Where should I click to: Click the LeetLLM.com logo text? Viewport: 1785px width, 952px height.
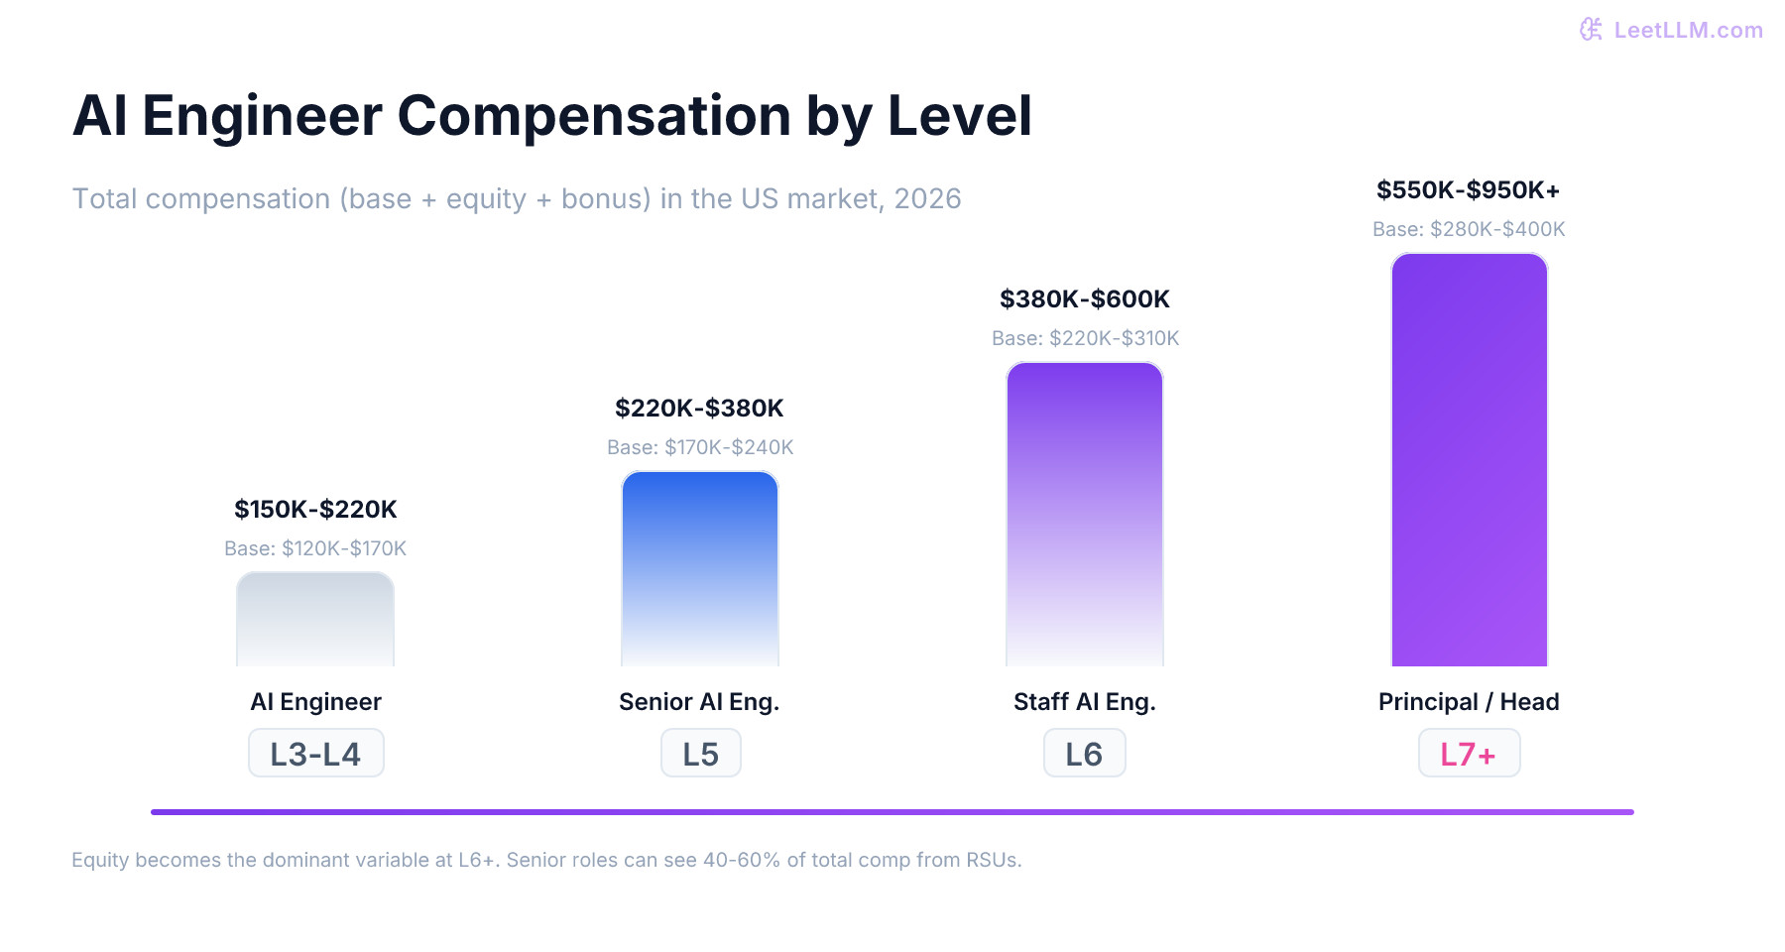(x=1687, y=31)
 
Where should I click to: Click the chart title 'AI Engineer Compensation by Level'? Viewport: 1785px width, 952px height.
(x=552, y=116)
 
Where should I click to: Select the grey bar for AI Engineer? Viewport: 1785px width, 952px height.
(x=315, y=620)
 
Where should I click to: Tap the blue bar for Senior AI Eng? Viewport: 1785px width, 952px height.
(x=700, y=569)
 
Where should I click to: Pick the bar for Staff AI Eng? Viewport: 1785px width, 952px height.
(x=1085, y=515)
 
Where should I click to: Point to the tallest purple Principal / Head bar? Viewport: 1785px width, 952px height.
(x=1469, y=460)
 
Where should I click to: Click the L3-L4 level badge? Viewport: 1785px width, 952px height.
(x=315, y=754)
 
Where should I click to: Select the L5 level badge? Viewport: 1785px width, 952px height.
(x=700, y=754)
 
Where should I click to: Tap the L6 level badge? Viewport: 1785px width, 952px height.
(x=1084, y=754)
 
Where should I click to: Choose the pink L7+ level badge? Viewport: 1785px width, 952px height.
(x=1469, y=754)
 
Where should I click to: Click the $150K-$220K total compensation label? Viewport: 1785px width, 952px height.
(x=315, y=510)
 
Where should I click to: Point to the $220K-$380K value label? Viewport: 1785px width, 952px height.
(x=699, y=409)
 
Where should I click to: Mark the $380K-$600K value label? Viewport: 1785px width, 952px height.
(x=1084, y=299)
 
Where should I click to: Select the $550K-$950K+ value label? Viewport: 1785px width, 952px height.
(x=1468, y=190)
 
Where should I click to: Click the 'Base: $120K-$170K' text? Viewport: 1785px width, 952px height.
(x=315, y=548)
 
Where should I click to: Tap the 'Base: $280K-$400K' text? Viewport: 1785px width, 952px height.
(x=1469, y=229)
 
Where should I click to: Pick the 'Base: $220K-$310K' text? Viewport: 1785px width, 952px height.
(x=1085, y=338)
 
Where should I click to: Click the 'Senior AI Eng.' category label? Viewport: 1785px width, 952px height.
(x=699, y=702)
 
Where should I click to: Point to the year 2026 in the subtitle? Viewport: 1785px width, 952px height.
(x=927, y=199)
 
